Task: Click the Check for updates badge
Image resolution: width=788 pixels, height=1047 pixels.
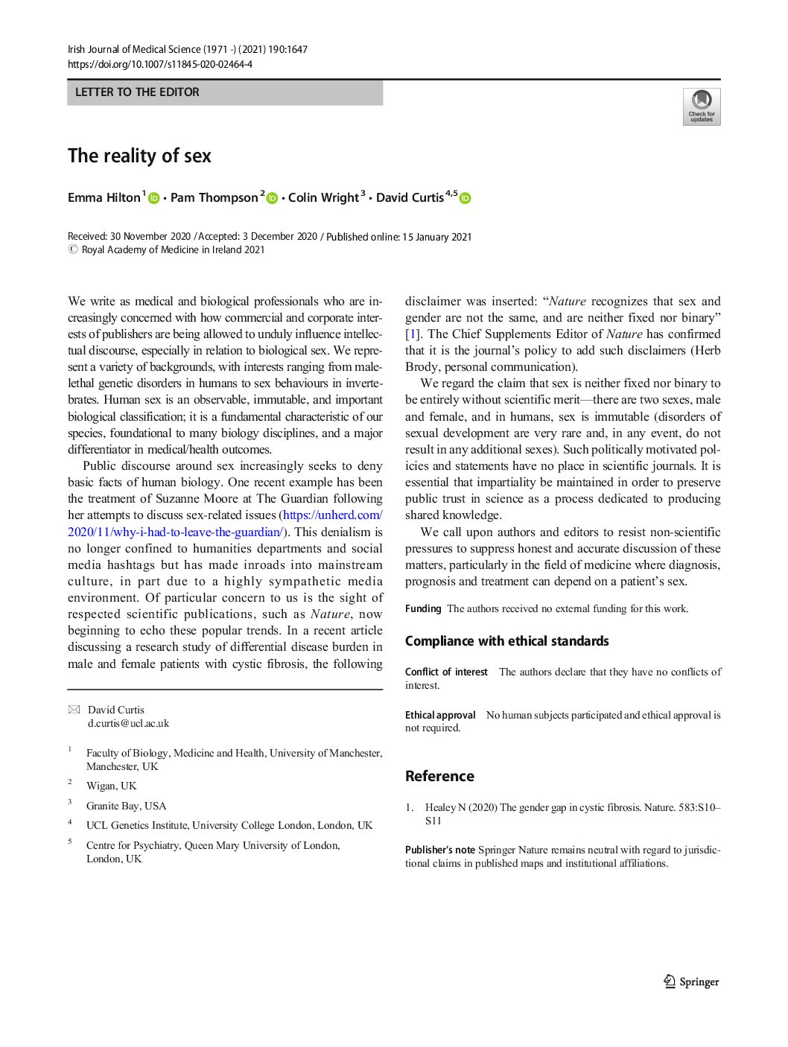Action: click(x=702, y=106)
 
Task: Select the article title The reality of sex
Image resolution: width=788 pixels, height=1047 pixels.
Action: click(x=139, y=156)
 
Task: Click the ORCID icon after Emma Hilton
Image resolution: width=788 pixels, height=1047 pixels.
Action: click(x=154, y=198)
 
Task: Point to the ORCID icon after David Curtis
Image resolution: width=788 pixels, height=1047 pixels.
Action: click(x=466, y=198)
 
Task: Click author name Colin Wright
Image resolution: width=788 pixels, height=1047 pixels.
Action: click(x=323, y=198)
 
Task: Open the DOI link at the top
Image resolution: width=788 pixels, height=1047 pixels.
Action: click(x=160, y=64)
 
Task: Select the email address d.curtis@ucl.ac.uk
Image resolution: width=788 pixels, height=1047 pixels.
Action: click(x=128, y=723)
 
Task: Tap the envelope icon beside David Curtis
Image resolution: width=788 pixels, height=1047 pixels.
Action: click(x=74, y=710)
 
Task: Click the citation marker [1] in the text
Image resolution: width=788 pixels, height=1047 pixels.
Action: click(x=413, y=334)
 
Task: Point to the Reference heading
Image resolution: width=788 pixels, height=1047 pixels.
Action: click(x=439, y=776)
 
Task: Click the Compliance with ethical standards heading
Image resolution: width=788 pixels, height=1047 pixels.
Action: click(x=506, y=641)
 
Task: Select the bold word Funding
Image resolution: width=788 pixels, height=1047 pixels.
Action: click(x=423, y=608)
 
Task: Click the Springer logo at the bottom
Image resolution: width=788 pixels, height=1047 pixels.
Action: click(x=691, y=981)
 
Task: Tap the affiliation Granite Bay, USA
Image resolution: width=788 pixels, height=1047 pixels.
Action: click(x=126, y=806)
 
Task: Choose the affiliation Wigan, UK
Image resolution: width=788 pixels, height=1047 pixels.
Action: click(x=112, y=786)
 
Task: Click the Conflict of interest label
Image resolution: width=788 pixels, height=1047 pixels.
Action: click(x=446, y=672)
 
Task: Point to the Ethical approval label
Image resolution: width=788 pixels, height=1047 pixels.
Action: click(x=440, y=715)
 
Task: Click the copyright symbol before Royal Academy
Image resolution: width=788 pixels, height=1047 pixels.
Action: click(x=72, y=250)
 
